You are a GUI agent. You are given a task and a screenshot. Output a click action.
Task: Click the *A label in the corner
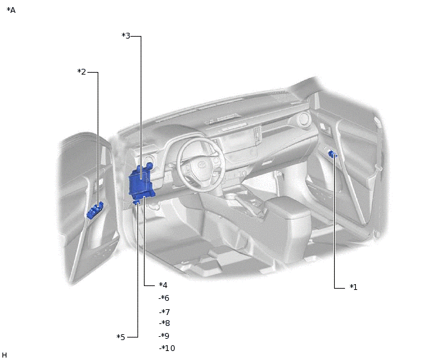pos(11,10)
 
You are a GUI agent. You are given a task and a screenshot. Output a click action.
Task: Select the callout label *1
pos(353,287)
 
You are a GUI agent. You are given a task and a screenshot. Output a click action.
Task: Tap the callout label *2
pos(82,71)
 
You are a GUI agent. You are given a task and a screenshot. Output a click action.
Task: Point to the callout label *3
pos(126,36)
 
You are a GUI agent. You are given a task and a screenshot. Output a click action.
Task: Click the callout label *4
pos(163,285)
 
